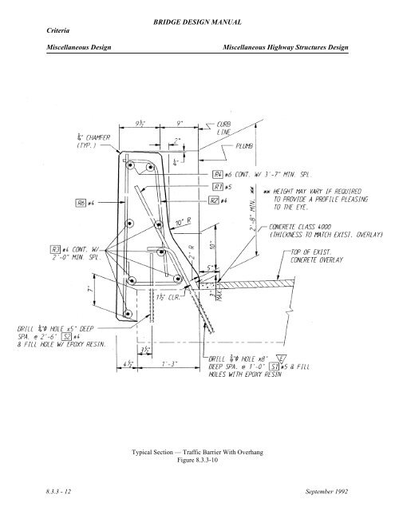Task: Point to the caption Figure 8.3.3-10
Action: (196, 461)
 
